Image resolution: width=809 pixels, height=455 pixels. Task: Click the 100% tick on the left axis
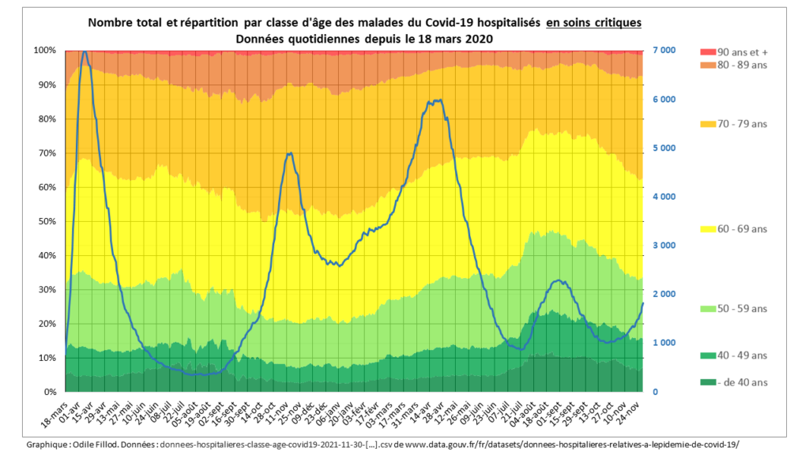pos(45,51)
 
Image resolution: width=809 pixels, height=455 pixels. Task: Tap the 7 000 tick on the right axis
pos(664,51)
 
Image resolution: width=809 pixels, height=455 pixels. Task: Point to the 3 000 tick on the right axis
pos(664,246)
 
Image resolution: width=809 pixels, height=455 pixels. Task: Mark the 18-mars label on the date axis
pos(53,412)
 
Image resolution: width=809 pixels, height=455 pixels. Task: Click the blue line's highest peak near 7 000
pos(85,51)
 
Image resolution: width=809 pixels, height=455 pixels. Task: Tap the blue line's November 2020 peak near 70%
pos(290,153)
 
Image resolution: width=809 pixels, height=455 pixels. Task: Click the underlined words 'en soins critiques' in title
pos(593,23)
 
